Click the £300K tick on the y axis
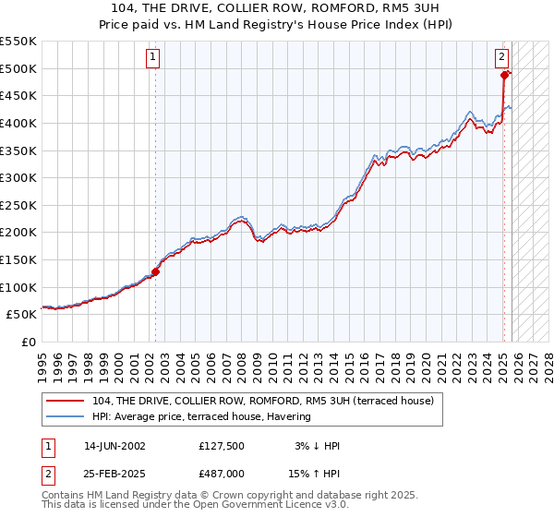[x=18, y=177]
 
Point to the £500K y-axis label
[x=18, y=68]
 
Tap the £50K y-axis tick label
[x=21, y=315]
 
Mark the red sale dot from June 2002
[x=156, y=271]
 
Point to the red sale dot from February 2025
[x=505, y=76]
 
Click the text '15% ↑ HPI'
[x=316, y=475]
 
